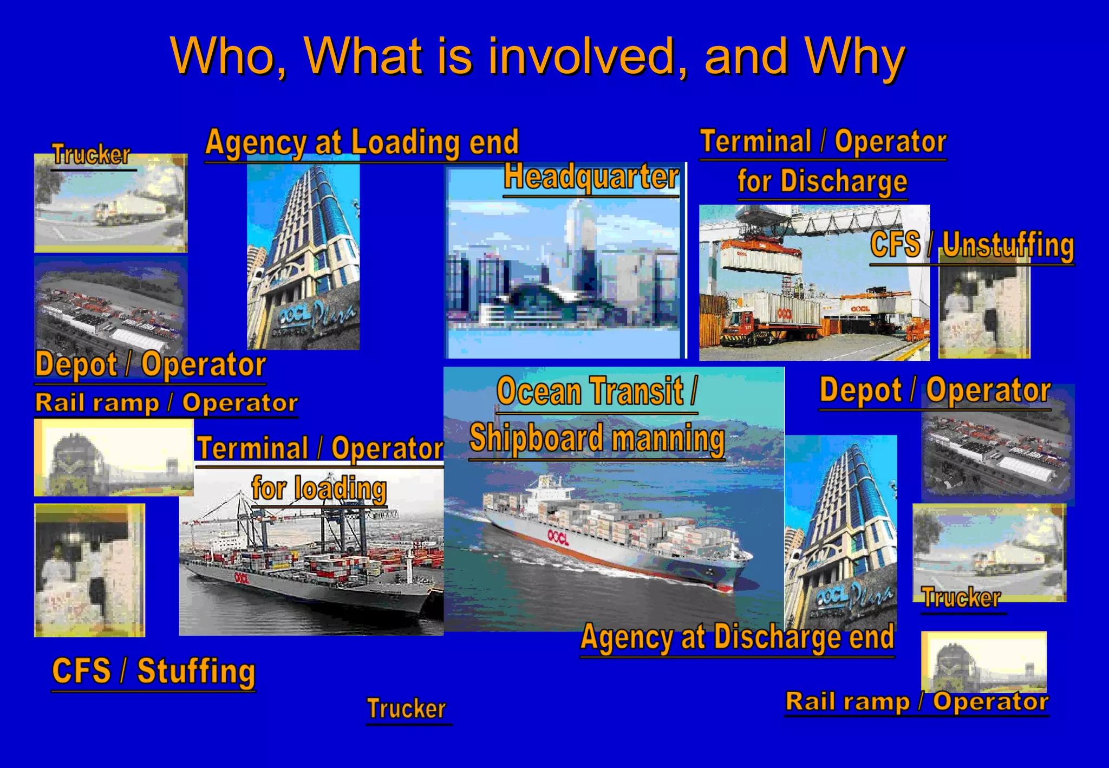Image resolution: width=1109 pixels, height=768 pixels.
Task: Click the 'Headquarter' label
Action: click(x=591, y=178)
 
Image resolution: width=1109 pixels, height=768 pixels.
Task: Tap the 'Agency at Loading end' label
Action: click(x=362, y=142)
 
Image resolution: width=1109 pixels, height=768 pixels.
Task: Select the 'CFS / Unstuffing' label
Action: click(x=972, y=245)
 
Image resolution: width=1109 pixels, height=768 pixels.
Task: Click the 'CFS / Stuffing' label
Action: click(x=153, y=671)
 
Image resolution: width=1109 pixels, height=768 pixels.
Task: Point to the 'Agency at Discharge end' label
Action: click(x=737, y=637)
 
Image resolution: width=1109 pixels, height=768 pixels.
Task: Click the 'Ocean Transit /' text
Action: click(x=597, y=392)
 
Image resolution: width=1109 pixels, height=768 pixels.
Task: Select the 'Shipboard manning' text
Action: click(x=597, y=438)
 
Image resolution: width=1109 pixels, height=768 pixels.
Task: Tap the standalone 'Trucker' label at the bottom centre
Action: click(x=407, y=708)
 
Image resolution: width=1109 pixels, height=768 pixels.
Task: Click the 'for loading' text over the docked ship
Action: click(x=319, y=489)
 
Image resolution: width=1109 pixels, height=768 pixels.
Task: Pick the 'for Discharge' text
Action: click(x=822, y=181)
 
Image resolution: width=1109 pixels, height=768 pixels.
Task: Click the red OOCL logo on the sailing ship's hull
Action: click(x=558, y=536)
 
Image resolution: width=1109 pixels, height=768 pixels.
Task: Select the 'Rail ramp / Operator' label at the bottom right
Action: click(x=917, y=702)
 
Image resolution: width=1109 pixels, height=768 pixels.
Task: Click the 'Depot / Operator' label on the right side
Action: click(x=935, y=390)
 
